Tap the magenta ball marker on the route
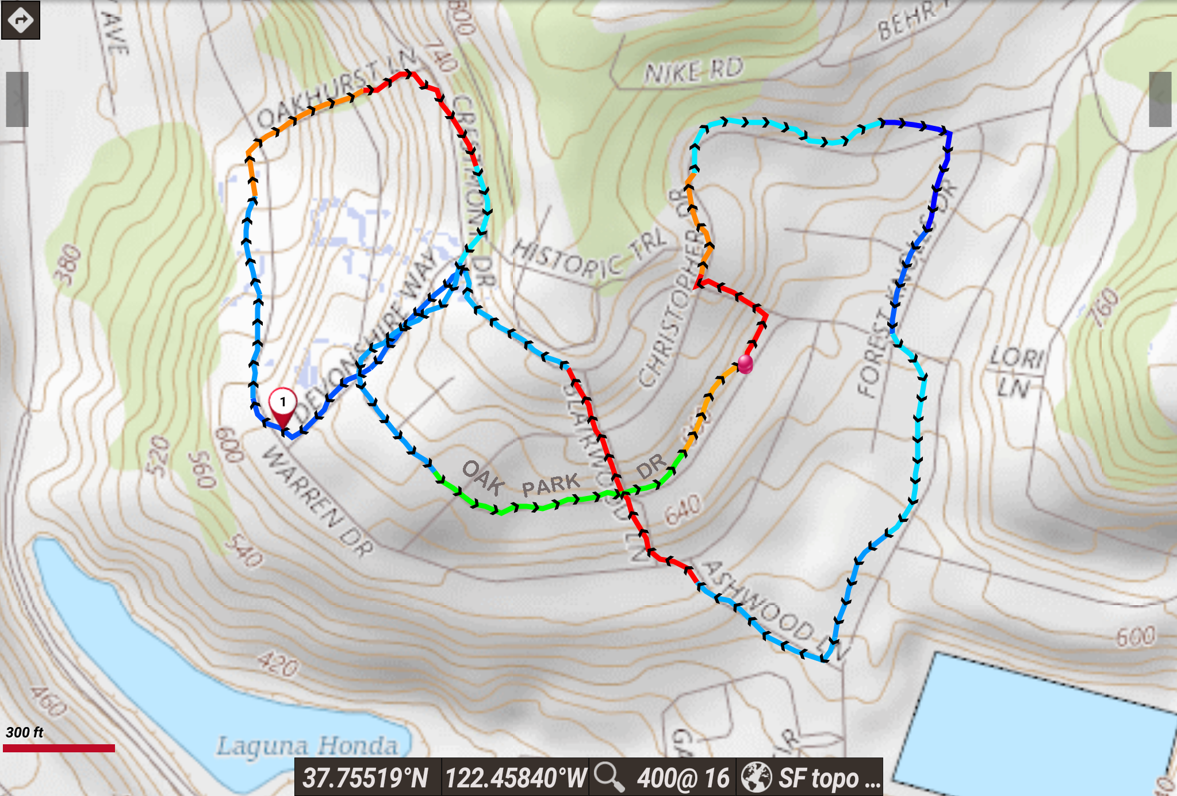[x=745, y=364]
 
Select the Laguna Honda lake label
[x=307, y=746]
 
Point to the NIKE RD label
[x=693, y=71]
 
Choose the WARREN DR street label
[x=317, y=501]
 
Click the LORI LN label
[x=1014, y=372]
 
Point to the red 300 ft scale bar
[x=59, y=748]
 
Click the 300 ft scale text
[x=25, y=732]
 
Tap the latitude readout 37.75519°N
[x=366, y=778]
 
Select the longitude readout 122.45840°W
[x=515, y=778]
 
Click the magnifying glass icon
[x=609, y=777]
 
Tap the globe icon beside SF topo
[x=756, y=777]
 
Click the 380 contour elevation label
[x=68, y=264]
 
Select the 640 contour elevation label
[x=683, y=509]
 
